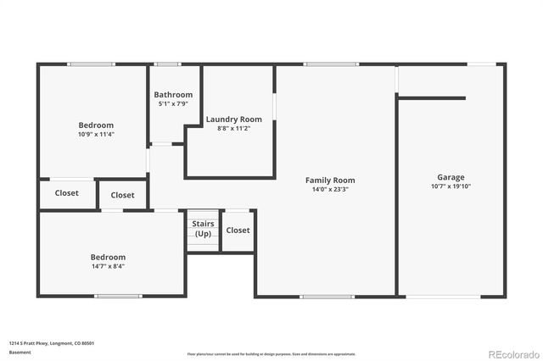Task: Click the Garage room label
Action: tap(451, 177)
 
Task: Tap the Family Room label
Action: tap(330, 180)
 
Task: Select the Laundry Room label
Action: tap(233, 119)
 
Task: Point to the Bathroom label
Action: tap(173, 95)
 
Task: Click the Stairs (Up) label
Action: tap(203, 229)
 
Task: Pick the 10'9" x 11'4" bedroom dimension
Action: tap(96, 134)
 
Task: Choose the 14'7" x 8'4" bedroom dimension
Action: tap(108, 266)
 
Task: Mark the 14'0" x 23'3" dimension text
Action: tap(330, 189)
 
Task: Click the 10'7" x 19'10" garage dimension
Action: tap(451, 186)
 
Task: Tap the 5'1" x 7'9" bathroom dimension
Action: tap(173, 103)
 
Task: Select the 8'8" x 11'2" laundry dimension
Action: tap(233, 128)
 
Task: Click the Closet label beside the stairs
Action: tap(238, 230)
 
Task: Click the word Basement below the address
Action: tap(20, 352)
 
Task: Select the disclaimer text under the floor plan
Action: tap(271, 353)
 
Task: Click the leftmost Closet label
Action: tap(67, 193)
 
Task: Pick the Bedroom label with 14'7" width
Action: tap(108, 257)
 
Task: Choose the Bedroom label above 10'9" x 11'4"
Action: tap(96, 125)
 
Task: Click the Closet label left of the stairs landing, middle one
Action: tap(122, 195)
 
